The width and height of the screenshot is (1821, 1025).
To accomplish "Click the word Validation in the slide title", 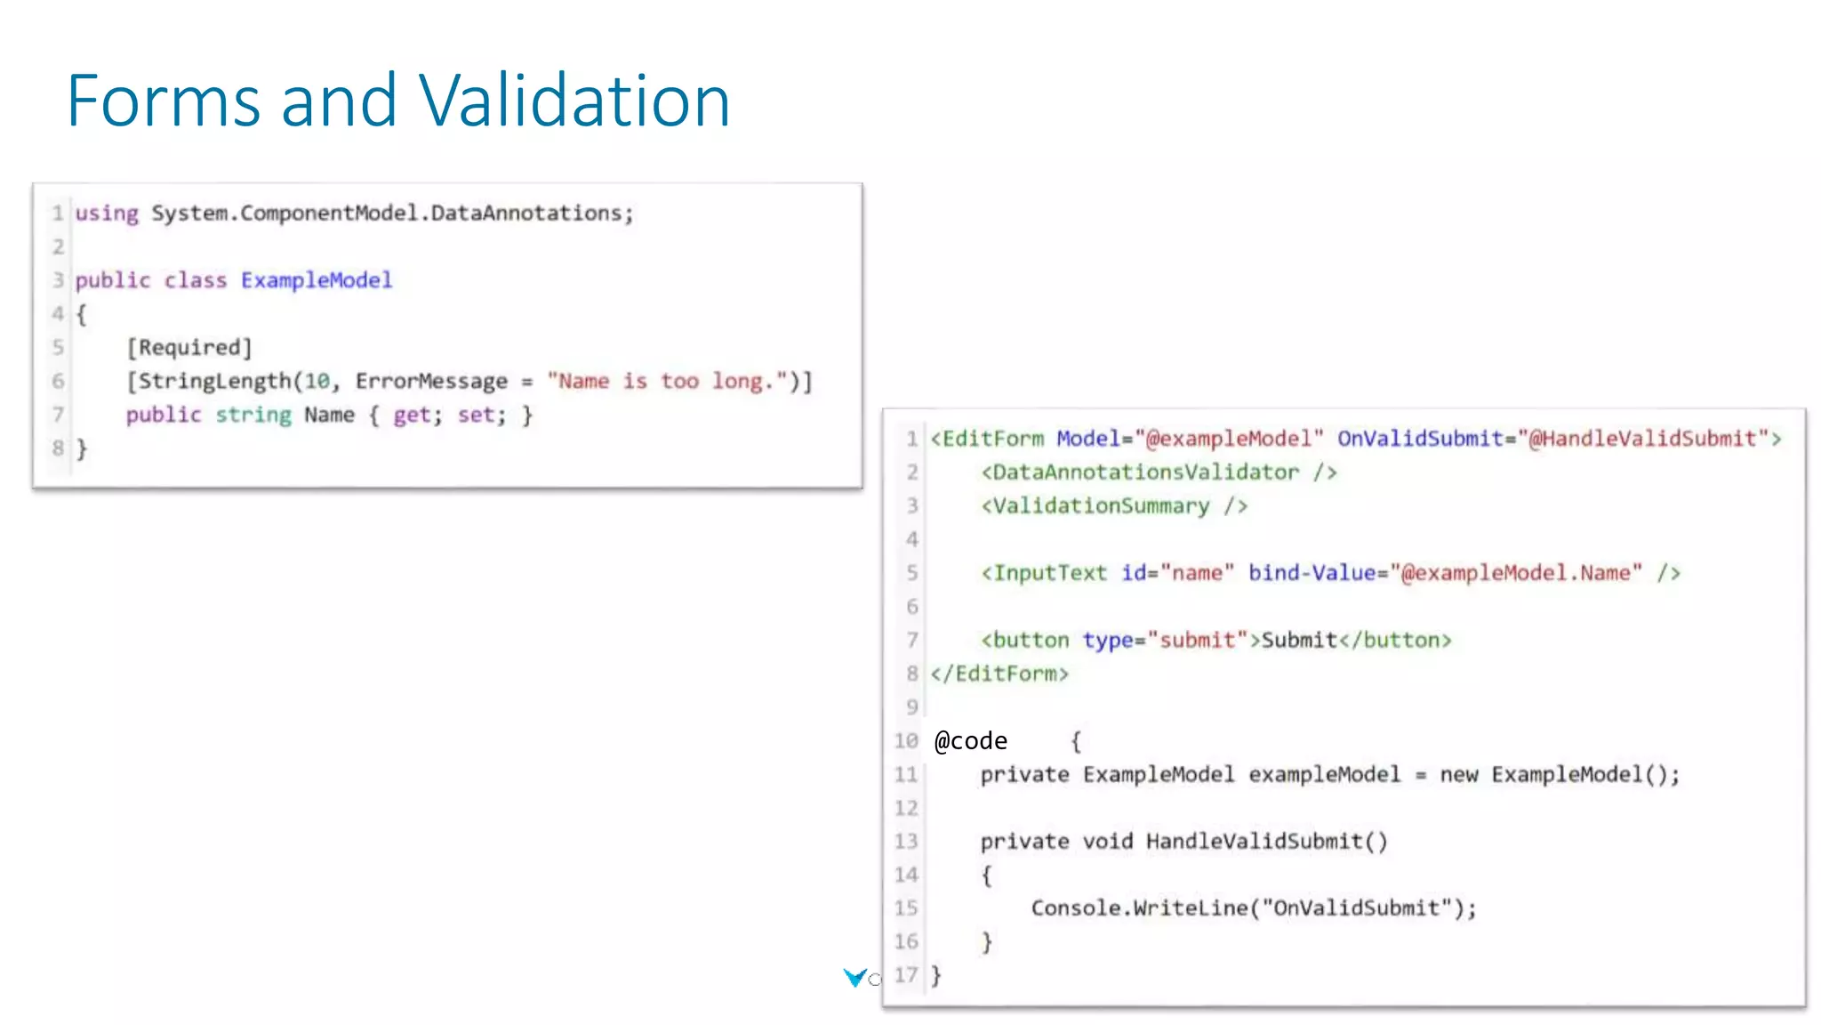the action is (x=574, y=101).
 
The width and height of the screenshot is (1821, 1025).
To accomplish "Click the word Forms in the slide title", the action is (x=164, y=101).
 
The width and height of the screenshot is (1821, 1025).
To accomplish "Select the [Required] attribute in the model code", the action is (x=189, y=347).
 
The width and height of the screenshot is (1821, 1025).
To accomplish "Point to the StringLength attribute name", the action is (x=214, y=381).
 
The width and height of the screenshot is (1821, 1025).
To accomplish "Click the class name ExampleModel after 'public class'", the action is (x=317, y=280).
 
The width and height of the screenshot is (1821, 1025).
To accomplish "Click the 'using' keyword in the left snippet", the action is (x=107, y=214).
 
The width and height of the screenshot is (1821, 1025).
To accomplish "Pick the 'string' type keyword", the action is (x=253, y=415).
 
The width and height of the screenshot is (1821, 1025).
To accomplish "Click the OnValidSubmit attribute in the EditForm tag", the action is (x=1420, y=439).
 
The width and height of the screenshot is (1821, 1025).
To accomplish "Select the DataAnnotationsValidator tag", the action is (x=1145, y=472).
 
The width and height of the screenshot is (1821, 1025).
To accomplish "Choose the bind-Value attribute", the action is (x=1312, y=573).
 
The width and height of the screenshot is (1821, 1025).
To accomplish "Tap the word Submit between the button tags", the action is (x=1299, y=640).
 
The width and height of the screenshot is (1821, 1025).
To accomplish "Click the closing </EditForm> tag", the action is (x=999, y=674).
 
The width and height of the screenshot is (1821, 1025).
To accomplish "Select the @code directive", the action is (x=971, y=741).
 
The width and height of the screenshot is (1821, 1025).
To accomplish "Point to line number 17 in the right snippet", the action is (x=905, y=975).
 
